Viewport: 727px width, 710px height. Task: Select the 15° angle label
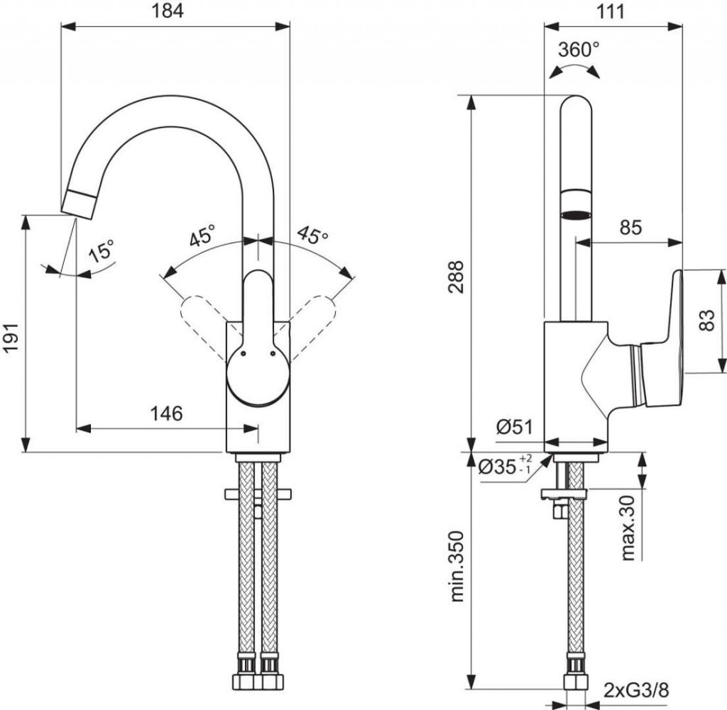coord(102,252)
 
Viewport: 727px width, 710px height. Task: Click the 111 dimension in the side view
coord(611,12)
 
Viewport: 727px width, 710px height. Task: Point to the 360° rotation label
coord(578,50)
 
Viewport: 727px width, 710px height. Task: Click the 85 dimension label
coord(630,228)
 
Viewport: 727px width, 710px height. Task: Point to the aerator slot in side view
coord(576,215)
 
